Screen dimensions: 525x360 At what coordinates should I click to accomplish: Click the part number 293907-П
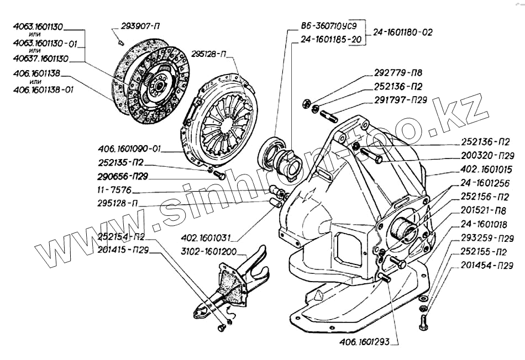pos(140,27)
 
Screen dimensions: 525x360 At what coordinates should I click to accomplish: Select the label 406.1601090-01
pos(129,149)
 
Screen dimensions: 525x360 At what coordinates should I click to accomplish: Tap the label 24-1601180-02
pos(403,33)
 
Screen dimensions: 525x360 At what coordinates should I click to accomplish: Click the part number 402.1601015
pos(486,170)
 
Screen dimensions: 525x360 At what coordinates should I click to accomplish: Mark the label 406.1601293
pos(365,342)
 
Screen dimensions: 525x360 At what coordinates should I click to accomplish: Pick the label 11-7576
pos(114,190)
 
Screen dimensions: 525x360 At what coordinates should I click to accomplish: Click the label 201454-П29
pos(487,266)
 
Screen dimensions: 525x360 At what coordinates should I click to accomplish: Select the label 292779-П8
pos(398,72)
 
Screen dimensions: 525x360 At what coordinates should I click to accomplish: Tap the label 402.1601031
pos(206,238)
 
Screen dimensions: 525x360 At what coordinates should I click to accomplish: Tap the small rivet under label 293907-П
pos(122,43)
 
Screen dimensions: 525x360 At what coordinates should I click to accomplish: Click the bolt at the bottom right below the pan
pos(423,322)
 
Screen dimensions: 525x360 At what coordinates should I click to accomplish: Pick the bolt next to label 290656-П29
pos(219,175)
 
